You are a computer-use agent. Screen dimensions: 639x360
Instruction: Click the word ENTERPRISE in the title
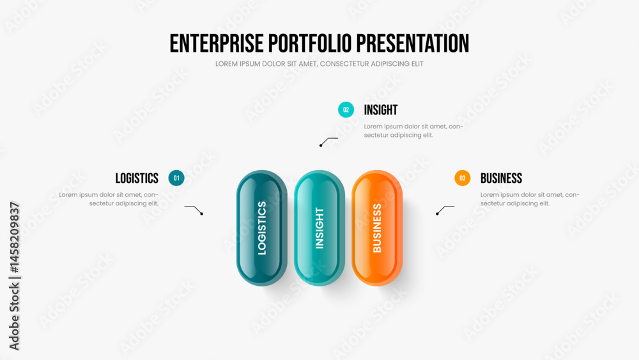pyautogui.click(x=217, y=43)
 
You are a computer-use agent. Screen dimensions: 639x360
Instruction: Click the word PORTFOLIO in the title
pyautogui.click(x=310, y=43)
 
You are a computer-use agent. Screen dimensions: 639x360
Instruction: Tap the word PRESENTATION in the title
pyautogui.click(x=413, y=43)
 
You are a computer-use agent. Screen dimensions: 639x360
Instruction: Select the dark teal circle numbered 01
pyautogui.click(x=176, y=178)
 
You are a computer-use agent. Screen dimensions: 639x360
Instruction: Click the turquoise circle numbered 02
pyautogui.click(x=346, y=110)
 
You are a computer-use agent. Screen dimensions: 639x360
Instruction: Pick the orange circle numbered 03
pyautogui.click(x=463, y=178)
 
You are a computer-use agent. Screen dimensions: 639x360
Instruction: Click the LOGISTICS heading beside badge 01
pyautogui.click(x=137, y=178)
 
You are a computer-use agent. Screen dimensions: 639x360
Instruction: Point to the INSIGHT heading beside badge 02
pyautogui.click(x=381, y=110)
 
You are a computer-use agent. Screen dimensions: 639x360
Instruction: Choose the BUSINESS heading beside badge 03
pyautogui.click(x=501, y=178)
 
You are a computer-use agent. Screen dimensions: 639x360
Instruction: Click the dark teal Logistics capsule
pyautogui.click(x=261, y=228)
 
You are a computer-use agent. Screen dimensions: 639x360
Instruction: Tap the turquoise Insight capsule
pyautogui.click(x=319, y=228)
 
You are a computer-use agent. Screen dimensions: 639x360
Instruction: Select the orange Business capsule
pyautogui.click(x=377, y=228)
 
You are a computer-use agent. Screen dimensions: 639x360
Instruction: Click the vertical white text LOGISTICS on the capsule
pyautogui.click(x=262, y=228)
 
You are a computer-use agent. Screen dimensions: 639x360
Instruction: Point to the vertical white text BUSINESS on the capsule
pyautogui.click(x=377, y=228)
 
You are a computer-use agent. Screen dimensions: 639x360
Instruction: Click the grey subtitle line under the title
pyautogui.click(x=319, y=64)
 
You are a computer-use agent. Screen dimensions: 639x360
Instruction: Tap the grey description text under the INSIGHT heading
pyautogui.click(x=413, y=131)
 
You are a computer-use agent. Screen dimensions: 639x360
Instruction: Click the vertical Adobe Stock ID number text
pyautogui.click(x=14, y=237)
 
